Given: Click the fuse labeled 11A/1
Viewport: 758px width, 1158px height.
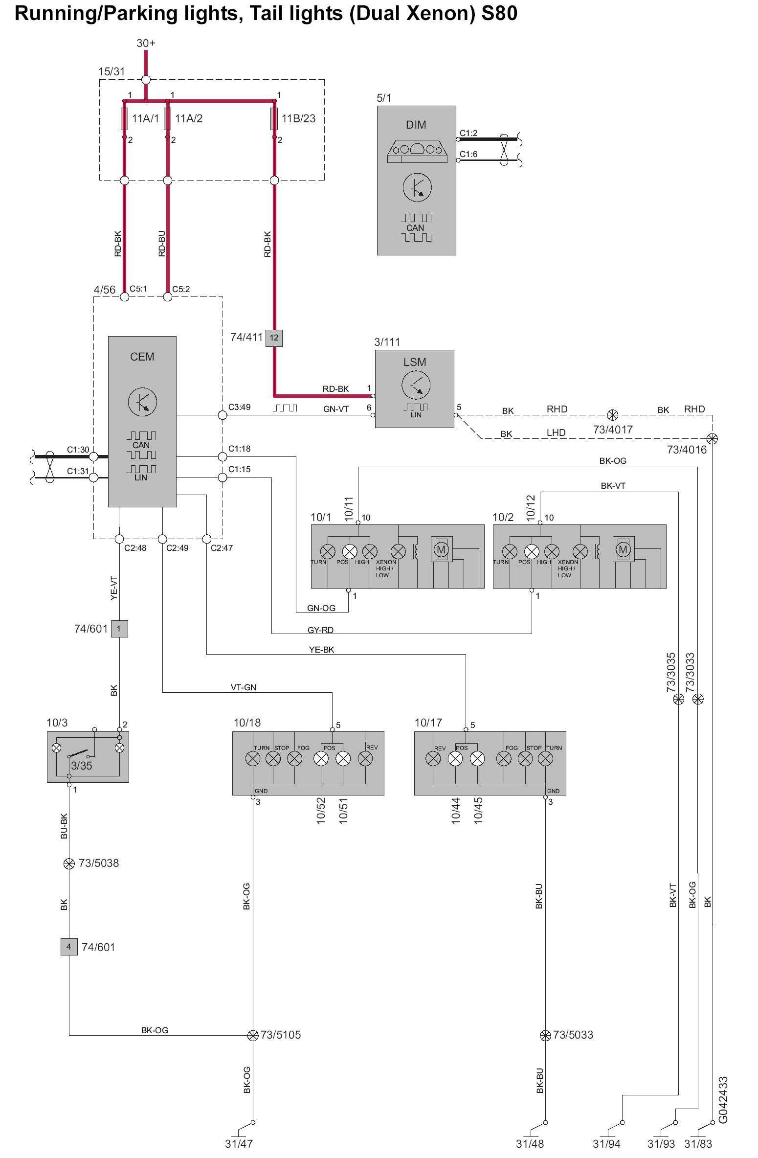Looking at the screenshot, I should tap(124, 119).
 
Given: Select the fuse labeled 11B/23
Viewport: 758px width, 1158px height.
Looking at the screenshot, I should tap(274, 119).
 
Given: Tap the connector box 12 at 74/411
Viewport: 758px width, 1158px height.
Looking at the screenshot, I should tap(274, 338).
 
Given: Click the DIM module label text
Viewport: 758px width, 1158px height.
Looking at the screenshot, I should tap(416, 125).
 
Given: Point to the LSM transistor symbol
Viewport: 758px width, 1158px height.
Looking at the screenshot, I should tap(415, 385).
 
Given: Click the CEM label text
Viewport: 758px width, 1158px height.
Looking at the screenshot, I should tap(142, 357).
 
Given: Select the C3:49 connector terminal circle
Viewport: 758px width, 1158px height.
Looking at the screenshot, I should tap(223, 415).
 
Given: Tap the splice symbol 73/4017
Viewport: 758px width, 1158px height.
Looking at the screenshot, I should tap(612, 415).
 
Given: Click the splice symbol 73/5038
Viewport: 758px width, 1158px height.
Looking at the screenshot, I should tap(69, 863).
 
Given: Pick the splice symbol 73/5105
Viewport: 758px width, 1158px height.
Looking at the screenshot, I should tap(253, 1031).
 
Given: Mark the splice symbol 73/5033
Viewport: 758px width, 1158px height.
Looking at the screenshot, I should tap(545, 1031).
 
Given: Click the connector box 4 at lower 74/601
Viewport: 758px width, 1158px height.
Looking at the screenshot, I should tap(69, 947).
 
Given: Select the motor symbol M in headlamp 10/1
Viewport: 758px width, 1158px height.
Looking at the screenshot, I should tap(441, 549).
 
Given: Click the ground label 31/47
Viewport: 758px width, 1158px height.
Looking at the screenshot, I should tap(239, 1144).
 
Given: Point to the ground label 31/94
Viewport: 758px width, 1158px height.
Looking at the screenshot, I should tap(606, 1144).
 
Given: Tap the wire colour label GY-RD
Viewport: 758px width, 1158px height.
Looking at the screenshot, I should tap(320, 630).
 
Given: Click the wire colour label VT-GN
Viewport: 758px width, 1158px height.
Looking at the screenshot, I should tap(243, 687).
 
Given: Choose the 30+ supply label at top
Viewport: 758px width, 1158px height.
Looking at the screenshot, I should tap(146, 43).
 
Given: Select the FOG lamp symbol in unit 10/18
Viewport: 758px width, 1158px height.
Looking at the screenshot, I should tap(294, 759).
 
